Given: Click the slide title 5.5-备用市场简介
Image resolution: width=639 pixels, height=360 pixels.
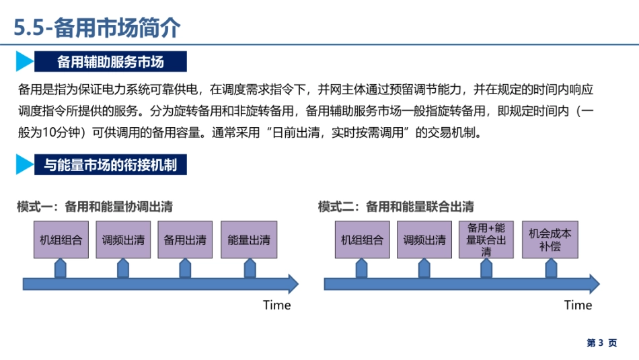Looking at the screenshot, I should [x=98, y=28].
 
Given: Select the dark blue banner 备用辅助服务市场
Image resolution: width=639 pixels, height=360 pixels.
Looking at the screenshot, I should [x=110, y=62].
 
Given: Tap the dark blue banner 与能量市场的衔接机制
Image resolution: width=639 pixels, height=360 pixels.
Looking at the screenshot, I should [x=110, y=164].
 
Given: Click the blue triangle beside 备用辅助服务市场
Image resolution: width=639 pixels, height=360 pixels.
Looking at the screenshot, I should [x=24, y=62].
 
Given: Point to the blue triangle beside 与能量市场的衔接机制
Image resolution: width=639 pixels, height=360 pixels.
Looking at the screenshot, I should [x=24, y=164].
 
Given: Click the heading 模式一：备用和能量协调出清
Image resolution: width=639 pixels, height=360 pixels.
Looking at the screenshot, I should [x=95, y=207].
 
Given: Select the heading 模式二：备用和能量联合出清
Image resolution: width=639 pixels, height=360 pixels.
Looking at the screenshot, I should [x=396, y=207].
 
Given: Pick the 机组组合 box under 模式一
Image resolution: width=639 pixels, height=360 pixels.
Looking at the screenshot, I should [x=61, y=239].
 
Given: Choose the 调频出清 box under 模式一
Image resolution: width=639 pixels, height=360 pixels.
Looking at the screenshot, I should [x=123, y=239].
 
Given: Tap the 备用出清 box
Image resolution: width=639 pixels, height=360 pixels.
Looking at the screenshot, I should [x=185, y=239].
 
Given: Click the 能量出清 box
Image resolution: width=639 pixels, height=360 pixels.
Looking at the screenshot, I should [x=249, y=239].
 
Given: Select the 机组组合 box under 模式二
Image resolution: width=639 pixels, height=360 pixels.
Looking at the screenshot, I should [x=363, y=239].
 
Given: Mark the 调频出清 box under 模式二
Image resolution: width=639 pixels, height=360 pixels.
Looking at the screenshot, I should [x=424, y=239].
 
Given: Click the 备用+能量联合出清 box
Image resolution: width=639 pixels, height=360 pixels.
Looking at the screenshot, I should [x=486, y=240].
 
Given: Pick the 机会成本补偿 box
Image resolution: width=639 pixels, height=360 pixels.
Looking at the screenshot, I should [x=550, y=240].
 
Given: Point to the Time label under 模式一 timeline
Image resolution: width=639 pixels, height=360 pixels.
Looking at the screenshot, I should [x=276, y=305].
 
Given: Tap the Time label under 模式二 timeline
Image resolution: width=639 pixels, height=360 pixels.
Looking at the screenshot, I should [x=578, y=305].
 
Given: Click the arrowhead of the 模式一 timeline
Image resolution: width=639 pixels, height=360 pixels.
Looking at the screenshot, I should [x=291, y=284].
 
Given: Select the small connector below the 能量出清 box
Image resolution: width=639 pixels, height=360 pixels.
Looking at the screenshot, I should [x=250, y=268].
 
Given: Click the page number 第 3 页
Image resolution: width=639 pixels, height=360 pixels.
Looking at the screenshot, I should [x=602, y=343].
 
